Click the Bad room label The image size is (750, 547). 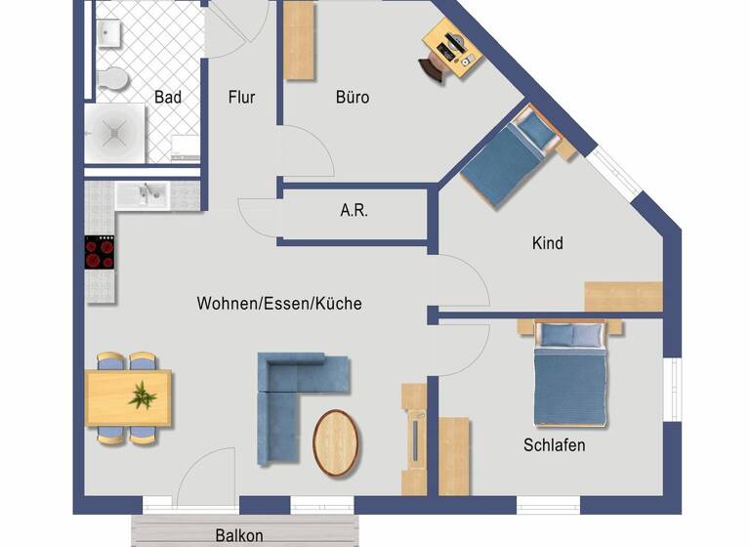(x=169, y=98)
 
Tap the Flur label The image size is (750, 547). (x=241, y=98)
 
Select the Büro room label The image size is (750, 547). (x=353, y=98)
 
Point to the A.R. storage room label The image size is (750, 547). (x=354, y=210)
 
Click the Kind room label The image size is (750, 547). (x=547, y=243)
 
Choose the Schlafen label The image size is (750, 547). (x=554, y=445)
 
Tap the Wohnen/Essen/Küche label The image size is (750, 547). (x=279, y=304)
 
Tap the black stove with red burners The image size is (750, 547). (x=100, y=253)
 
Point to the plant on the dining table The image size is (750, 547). (x=144, y=397)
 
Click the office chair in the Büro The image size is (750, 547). (x=431, y=65)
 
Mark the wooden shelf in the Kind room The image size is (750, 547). (x=623, y=296)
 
